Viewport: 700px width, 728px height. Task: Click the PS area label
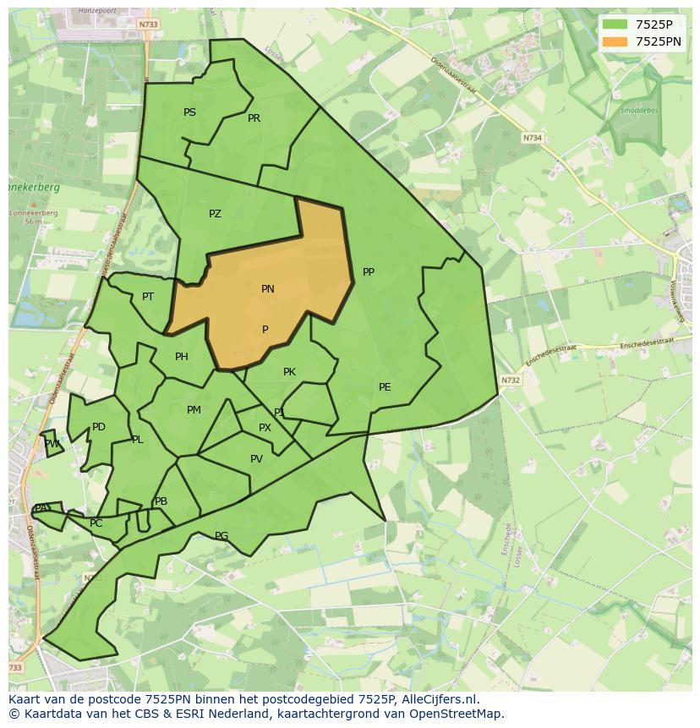[x=189, y=112]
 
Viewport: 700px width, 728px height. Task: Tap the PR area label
[x=254, y=118]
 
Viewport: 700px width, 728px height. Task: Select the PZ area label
[x=215, y=214]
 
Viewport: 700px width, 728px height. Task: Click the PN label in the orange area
[x=267, y=289]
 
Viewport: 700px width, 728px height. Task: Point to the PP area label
[x=368, y=272]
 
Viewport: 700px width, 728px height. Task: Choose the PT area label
[x=148, y=297]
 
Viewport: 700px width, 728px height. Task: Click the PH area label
[x=181, y=357]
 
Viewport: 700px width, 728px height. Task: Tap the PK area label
[x=289, y=372]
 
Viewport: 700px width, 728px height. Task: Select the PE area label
[x=385, y=387]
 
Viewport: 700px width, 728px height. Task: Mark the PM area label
[x=194, y=410]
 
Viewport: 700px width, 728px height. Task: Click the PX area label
[x=265, y=428]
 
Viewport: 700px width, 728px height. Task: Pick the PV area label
[x=256, y=460]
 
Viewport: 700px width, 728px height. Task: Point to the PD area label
[x=99, y=427]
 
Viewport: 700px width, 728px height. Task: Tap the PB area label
[x=161, y=501]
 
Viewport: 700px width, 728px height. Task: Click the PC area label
[x=96, y=523]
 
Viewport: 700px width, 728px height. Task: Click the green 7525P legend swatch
[x=615, y=25]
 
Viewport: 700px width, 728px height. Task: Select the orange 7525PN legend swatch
[x=615, y=41]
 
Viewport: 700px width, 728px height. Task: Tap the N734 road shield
[x=532, y=138]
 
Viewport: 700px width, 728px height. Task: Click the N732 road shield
[x=510, y=380]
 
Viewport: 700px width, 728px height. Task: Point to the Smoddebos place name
[x=637, y=111]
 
